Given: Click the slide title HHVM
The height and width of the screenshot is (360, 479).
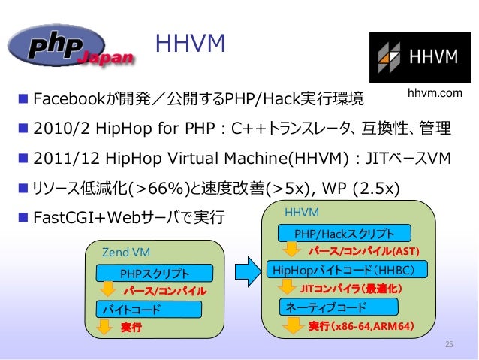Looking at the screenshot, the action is point(190,44).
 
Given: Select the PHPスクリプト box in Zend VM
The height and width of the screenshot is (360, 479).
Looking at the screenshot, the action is point(154,272).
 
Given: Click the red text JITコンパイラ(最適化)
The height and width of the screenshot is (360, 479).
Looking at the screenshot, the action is point(351,288).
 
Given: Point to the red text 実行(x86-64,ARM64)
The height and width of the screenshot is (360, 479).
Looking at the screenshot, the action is point(361,327).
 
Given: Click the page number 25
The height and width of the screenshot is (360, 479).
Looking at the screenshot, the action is point(450,344).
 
